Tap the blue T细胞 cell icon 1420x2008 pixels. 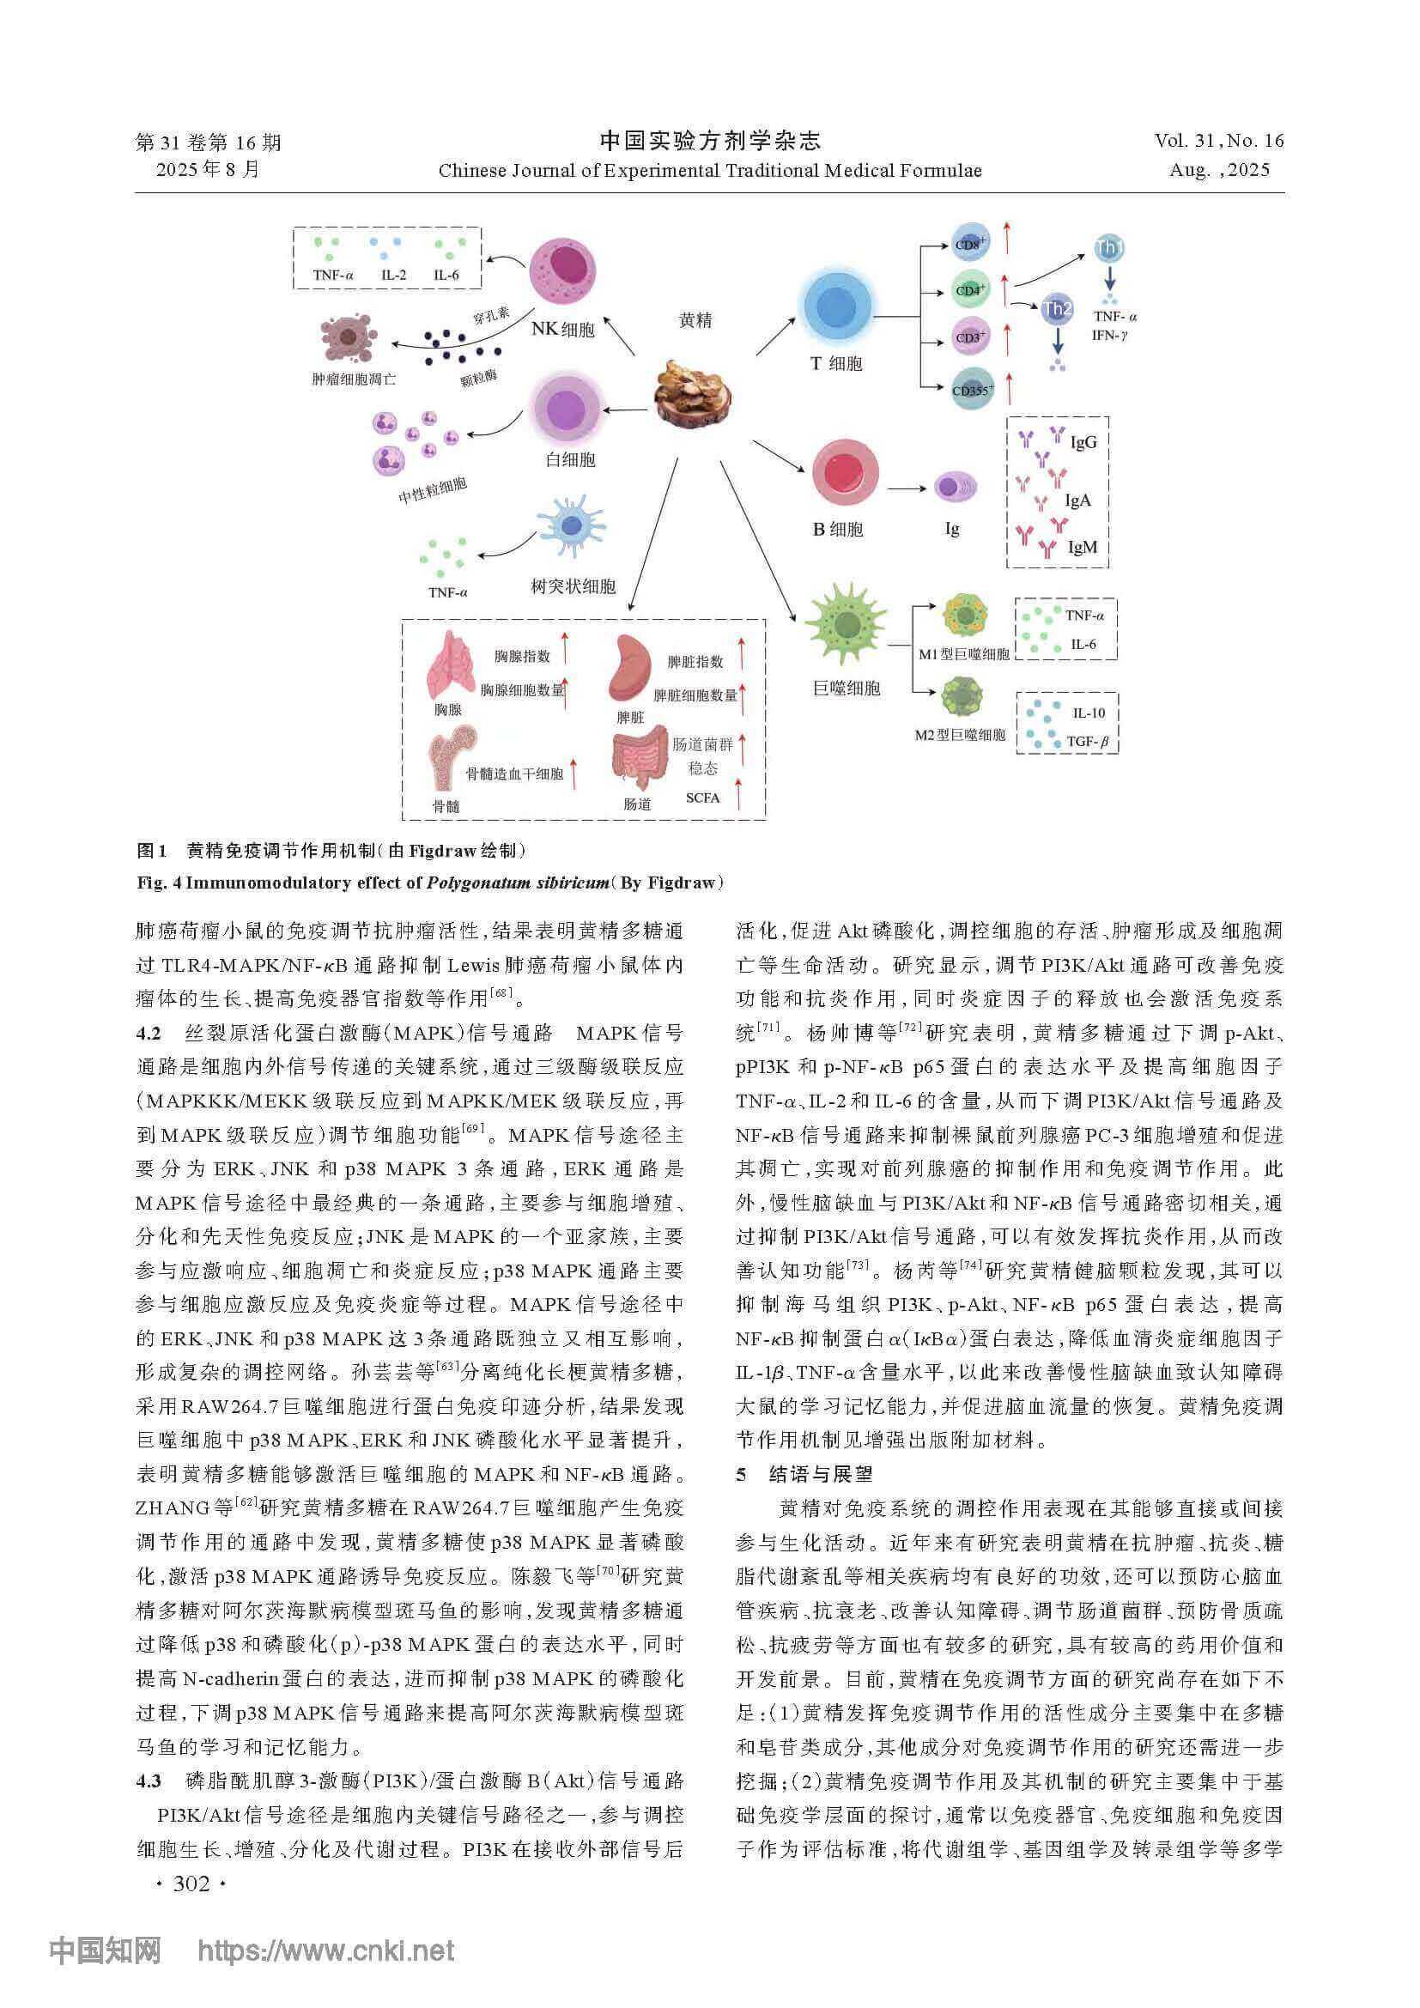[838, 309]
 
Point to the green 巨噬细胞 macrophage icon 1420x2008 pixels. [846, 622]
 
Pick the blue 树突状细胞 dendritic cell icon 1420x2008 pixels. [571, 527]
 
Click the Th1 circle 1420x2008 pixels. [1108, 250]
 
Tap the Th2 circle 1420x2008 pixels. [1057, 309]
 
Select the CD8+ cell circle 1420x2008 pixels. [968, 245]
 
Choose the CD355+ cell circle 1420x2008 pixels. [972, 390]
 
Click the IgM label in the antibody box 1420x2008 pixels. [1082, 548]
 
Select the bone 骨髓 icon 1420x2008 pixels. [449, 760]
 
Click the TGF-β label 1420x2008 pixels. [1087, 742]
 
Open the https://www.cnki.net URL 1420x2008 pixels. [326, 1951]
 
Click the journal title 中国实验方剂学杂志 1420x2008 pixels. [710, 140]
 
